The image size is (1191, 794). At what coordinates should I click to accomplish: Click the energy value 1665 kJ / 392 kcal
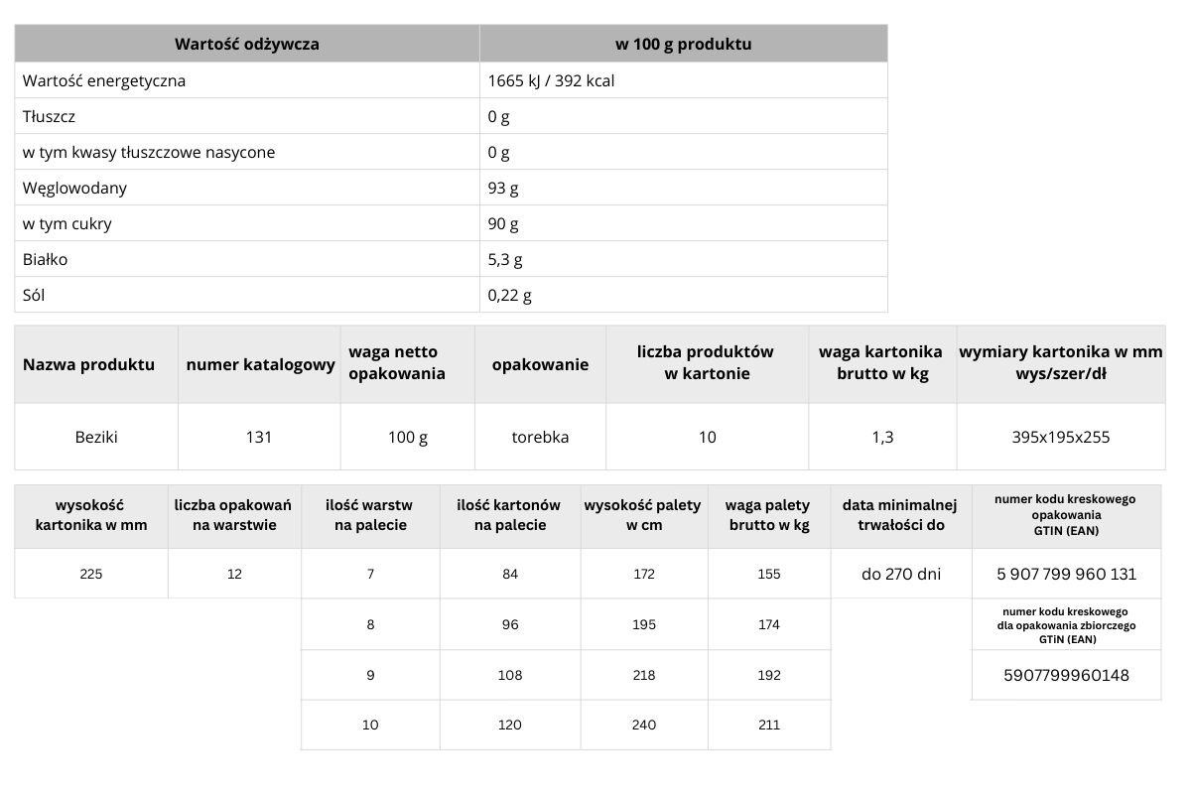[551, 81]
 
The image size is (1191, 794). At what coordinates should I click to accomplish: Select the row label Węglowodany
[75, 189]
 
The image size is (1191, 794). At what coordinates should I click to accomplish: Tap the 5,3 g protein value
[505, 260]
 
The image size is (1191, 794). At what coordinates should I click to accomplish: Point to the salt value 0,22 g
[510, 296]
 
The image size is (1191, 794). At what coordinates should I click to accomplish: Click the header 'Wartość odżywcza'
[247, 45]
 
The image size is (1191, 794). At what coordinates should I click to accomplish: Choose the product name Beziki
[96, 437]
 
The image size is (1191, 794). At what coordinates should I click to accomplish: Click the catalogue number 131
[259, 437]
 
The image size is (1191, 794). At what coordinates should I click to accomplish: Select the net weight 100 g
[408, 437]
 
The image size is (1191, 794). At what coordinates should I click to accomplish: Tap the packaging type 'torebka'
[540, 437]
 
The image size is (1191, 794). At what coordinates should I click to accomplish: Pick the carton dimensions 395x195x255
[1061, 437]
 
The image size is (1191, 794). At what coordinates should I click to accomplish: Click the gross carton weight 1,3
[882, 437]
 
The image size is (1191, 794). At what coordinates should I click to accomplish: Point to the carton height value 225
[91, 574]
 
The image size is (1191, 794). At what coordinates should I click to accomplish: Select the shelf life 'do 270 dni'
[900, 574]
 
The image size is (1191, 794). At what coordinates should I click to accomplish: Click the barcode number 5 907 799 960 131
[1067, 574]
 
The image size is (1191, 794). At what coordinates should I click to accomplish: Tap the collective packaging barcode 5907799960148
[1067, 676]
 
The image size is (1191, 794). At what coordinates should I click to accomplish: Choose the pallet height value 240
[644, 726]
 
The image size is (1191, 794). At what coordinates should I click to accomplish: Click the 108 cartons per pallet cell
[509, 675]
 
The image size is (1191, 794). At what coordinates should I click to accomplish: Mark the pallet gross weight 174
[768, 625]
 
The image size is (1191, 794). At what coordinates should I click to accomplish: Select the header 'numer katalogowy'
[260, 365]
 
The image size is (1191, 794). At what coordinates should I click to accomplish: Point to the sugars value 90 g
[503, 224]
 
